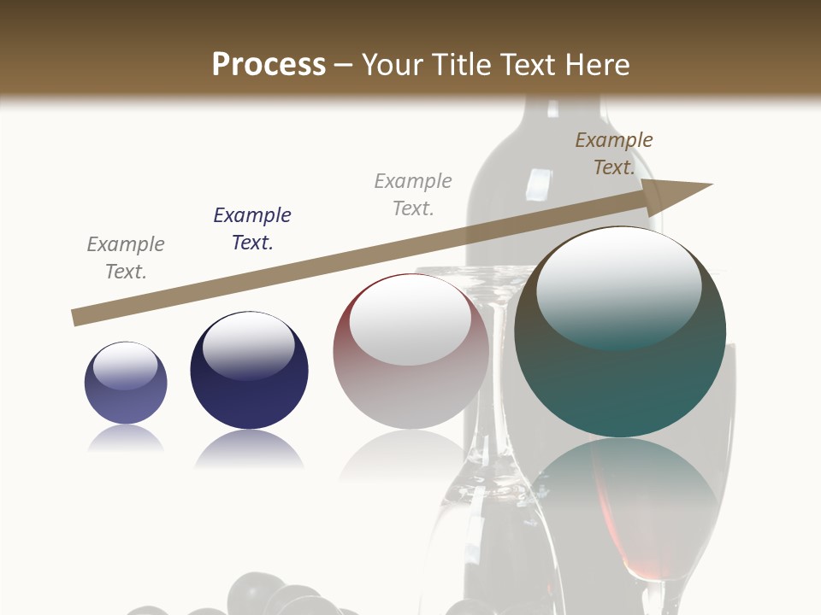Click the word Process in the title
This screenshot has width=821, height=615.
pos(269,64)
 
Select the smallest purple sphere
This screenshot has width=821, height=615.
pos(126,383)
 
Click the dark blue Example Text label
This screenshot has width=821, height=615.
pos(252,229)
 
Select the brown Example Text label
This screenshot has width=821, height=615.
pos(614,154)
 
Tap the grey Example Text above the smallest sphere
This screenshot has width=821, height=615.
pos(126,258)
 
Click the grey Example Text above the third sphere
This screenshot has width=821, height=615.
pos(413,195)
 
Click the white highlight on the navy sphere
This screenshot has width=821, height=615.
pos(249,346)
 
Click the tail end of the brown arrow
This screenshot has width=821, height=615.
pos(76,318)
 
